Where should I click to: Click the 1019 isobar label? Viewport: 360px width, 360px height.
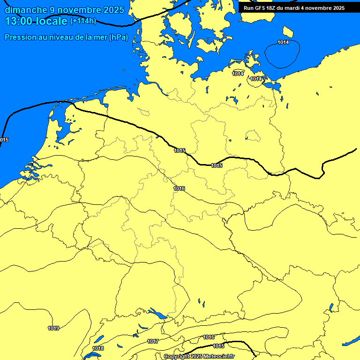53,328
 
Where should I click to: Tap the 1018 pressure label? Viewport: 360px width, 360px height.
98,348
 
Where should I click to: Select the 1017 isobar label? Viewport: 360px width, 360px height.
153,341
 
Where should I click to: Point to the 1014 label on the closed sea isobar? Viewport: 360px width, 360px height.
283,43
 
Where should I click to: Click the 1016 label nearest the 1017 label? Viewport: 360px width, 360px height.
209,337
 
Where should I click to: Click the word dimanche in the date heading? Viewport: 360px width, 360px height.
26,10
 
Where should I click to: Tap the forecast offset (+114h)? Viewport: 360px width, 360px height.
83,21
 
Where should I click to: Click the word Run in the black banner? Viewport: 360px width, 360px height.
249,8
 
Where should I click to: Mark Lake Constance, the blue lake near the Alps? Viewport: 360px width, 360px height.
156,313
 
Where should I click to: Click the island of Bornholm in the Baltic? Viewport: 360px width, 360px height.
288,32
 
